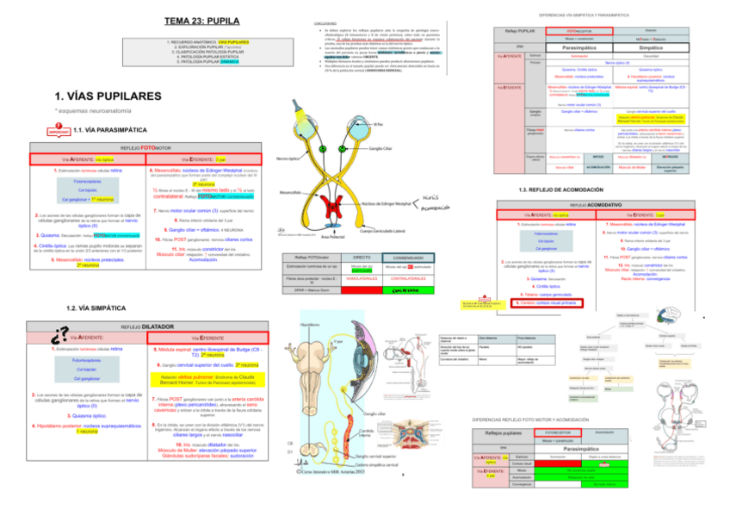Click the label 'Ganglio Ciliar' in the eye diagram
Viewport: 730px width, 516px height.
382,148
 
